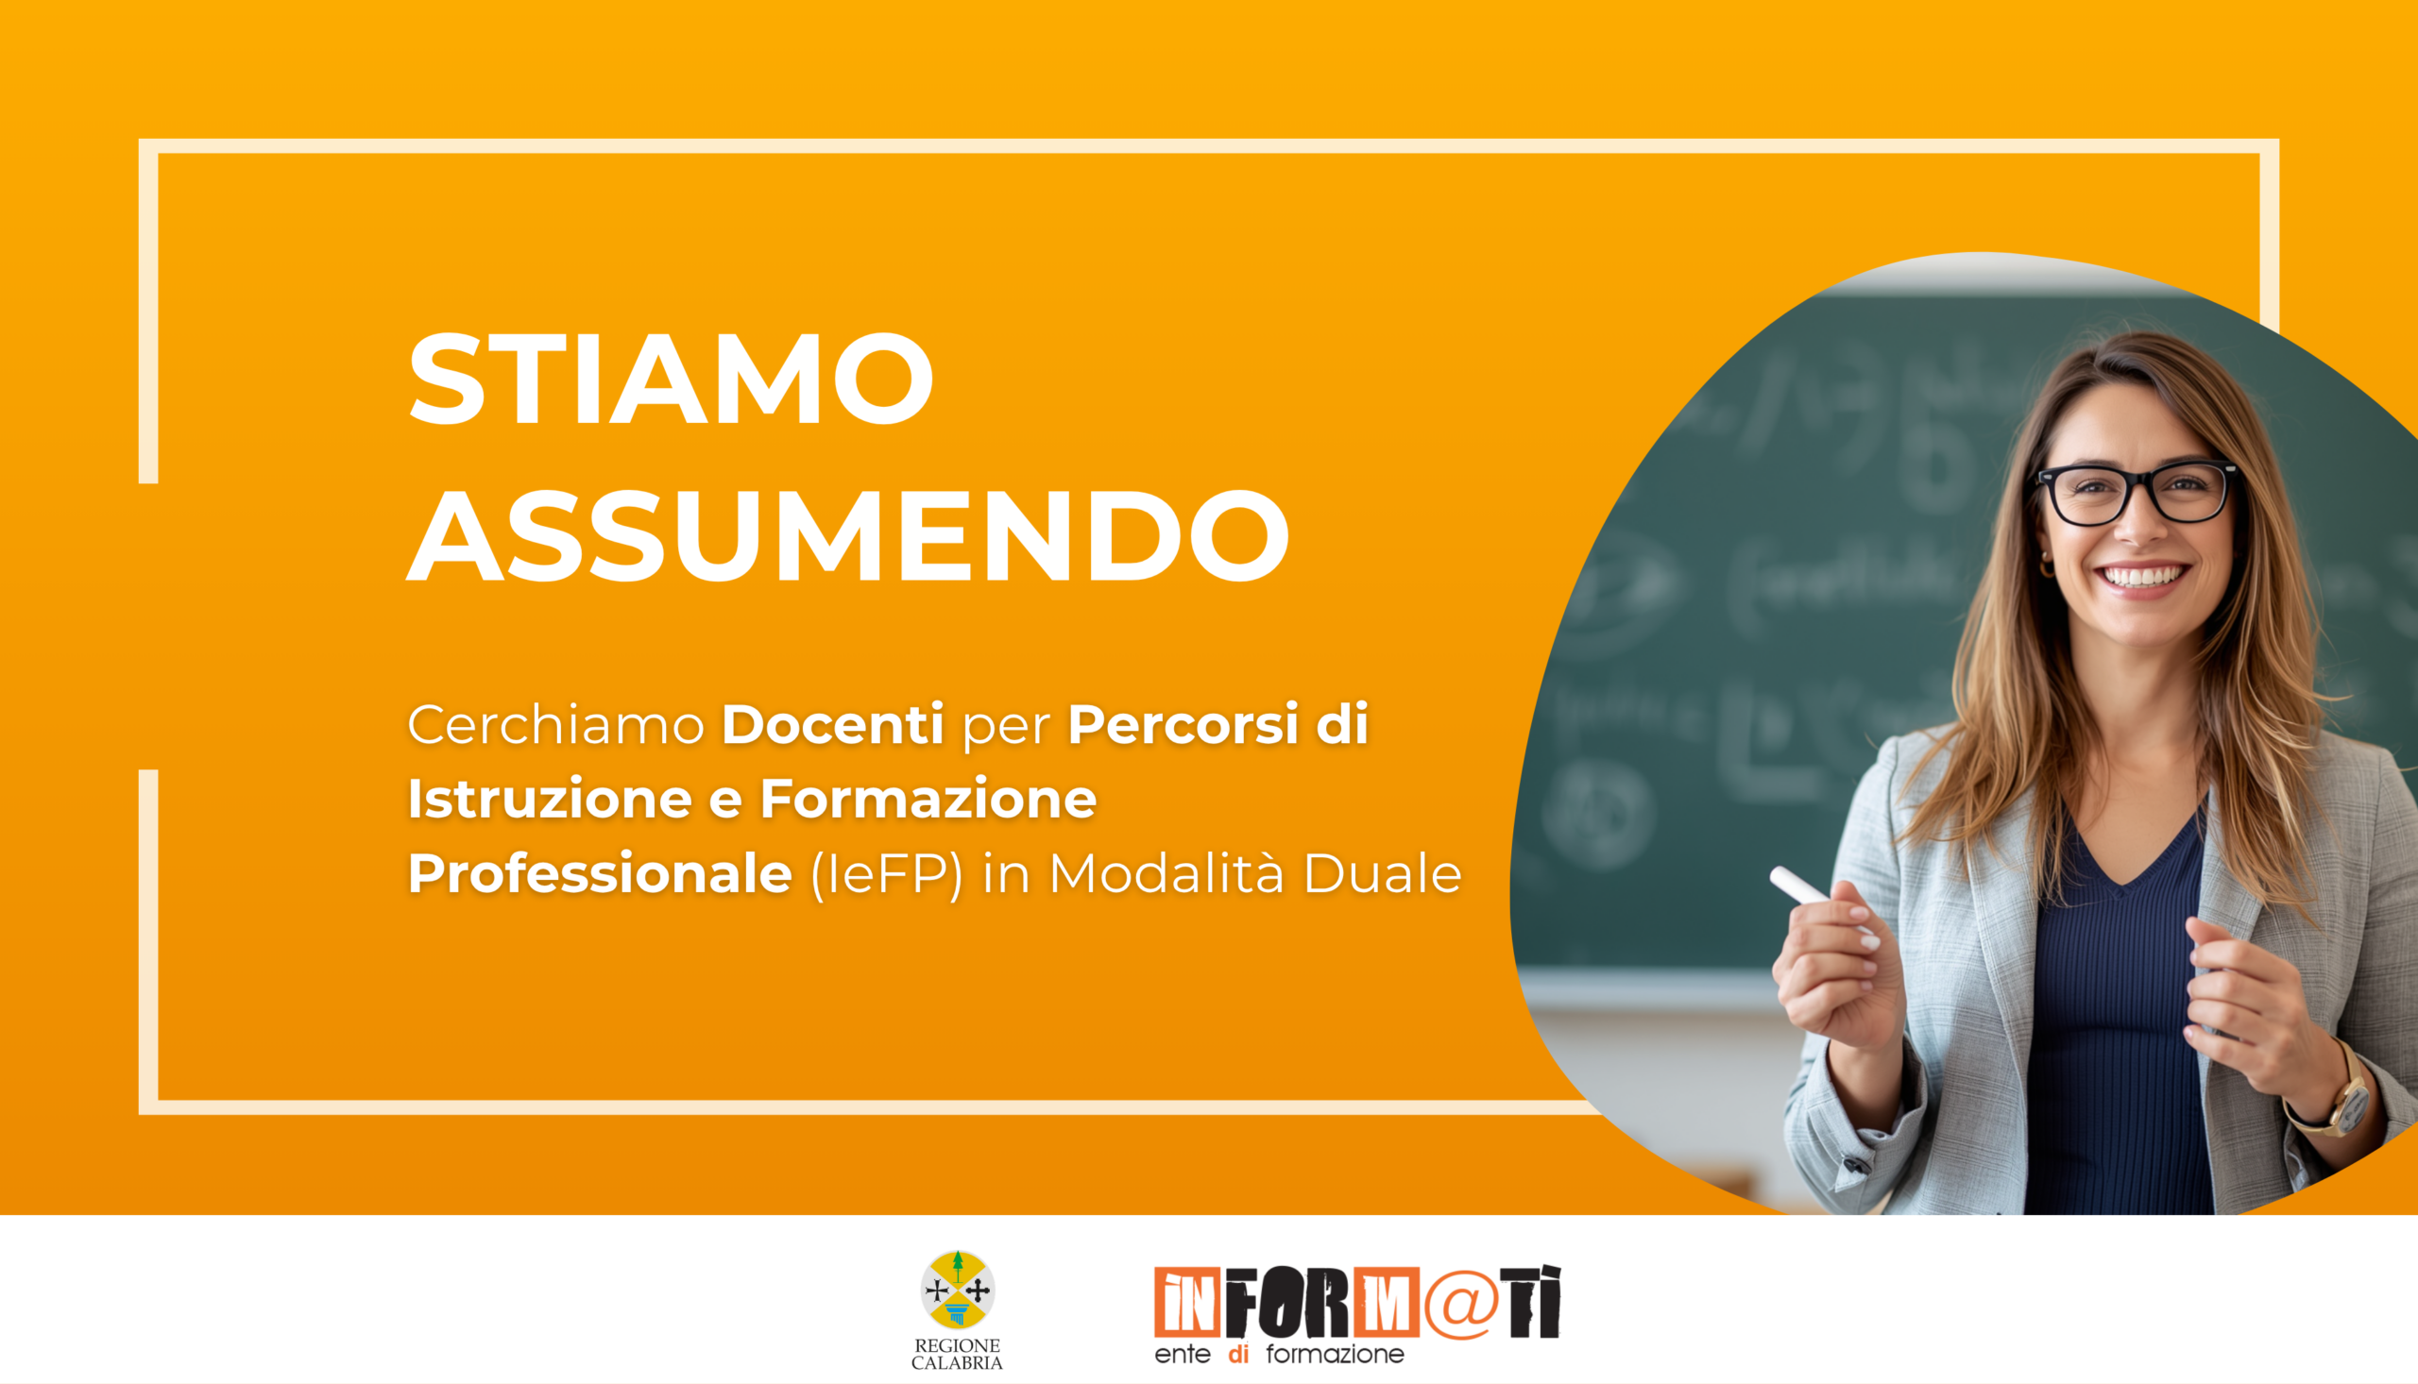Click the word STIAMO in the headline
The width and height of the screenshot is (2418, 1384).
point(671,380)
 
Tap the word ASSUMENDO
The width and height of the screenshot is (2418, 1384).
point(847,537)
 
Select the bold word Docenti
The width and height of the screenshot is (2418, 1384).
point(832,725)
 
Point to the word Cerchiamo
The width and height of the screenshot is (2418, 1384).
point(555,725)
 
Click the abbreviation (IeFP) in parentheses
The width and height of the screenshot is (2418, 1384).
point(885,874)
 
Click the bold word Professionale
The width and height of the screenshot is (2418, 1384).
point(600,874)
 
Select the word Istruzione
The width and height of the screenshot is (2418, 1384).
point(550,800)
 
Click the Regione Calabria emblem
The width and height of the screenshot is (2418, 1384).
point(958,1290)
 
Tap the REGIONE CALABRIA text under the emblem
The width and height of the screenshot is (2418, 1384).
point(958,1355)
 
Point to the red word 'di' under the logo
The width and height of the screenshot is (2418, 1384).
point(1238,1355)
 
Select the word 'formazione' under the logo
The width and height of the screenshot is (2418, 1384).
point(1334,1355)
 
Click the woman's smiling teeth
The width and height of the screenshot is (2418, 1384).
point(2143,576)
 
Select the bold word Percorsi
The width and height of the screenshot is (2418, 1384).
point(1182,725)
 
